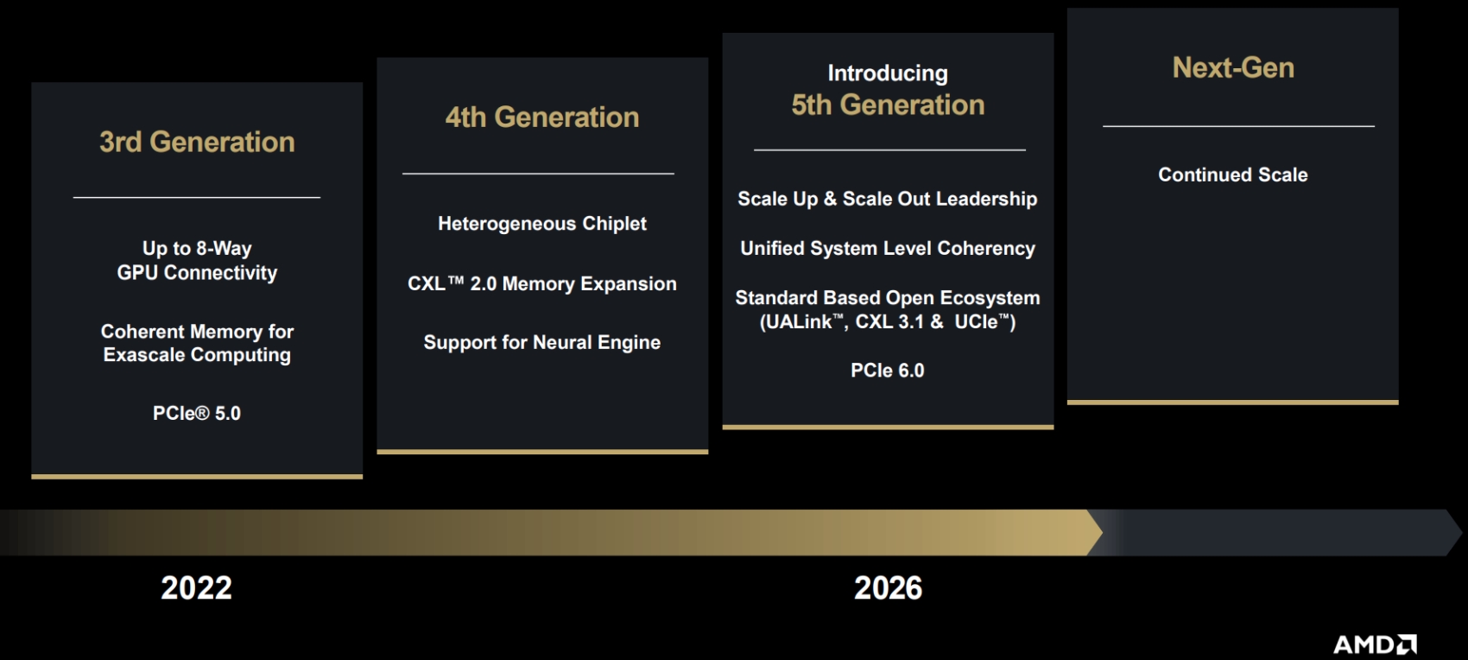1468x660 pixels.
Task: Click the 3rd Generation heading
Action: (x=197, y=143)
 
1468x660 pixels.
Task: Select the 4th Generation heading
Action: (x=542, y=117)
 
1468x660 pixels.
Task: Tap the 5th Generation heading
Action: (x=888, y=105)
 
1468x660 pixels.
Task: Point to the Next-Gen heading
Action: (x=1233, y=67)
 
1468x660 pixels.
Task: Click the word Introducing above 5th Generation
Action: (x=888, y=73)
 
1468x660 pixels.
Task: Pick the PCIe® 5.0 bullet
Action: (x=197, y=413)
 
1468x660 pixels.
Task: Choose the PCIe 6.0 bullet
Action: (x=888, y=371)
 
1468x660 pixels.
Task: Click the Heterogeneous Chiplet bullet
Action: (x=542, y=224)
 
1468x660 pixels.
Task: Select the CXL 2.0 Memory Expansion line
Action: (x=542, y=284)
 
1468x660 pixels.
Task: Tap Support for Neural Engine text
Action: (x=542, y=342)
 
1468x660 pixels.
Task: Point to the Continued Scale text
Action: (x=1233, y=175)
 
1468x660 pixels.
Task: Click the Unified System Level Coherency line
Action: (x=888, y=249)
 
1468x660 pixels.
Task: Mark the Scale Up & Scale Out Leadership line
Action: (x=888, y=199)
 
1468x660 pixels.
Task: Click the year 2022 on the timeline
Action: (x=197, y=588)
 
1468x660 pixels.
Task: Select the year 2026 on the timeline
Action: (x=888, y=588)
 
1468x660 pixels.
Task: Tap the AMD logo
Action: (x=1375, y=644)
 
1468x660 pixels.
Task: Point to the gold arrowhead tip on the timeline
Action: (x=1103, y=532)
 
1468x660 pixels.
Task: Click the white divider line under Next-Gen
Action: (x=1238, y=126)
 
